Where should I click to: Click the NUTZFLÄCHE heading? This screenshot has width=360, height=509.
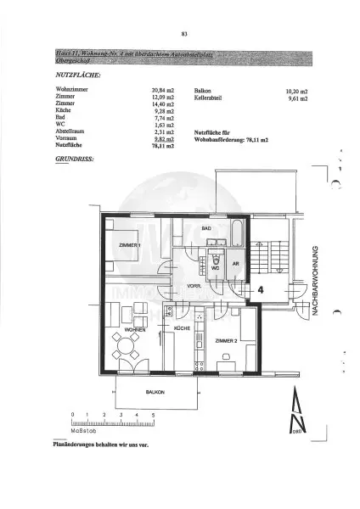[77, 76]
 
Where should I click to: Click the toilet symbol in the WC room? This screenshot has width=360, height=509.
[217, 262]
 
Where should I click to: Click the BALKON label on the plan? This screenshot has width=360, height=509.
[155, 393]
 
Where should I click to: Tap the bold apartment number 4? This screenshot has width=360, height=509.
[261, 289]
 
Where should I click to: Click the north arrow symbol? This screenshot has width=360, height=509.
[295, 414]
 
